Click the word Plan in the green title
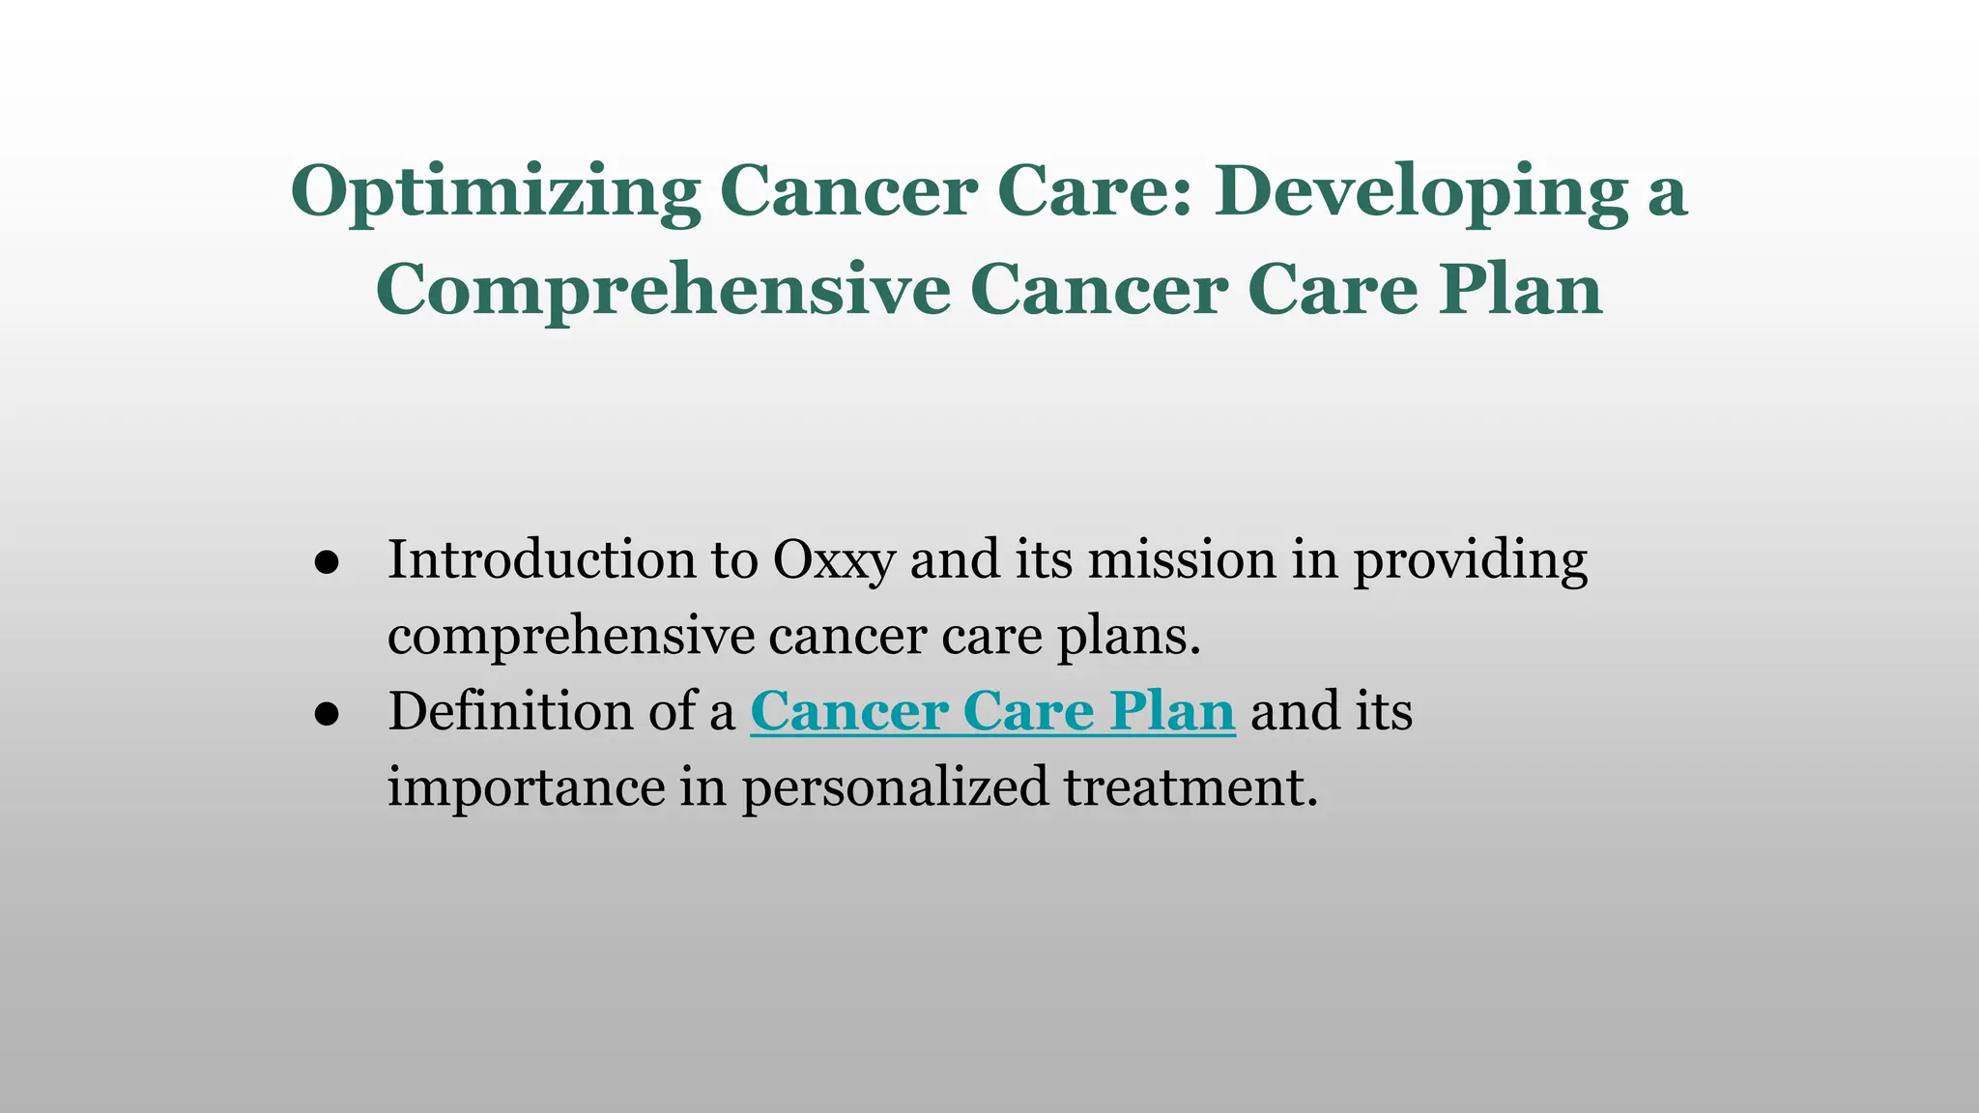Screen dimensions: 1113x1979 [1520, 290]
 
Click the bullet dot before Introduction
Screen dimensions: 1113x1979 [327, 562]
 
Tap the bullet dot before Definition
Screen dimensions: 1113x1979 [327, 714]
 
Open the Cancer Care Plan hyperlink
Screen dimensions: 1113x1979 [991, 712]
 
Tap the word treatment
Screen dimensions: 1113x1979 [1190, 787]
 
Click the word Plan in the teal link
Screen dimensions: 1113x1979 [1171, 712]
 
